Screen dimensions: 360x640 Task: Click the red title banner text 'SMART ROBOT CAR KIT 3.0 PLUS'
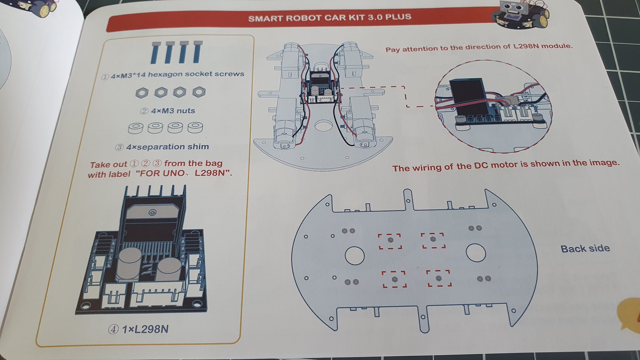tap(329, 17)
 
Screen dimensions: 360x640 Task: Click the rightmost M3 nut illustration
tap(199, 92)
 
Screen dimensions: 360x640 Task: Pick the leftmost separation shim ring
tap(136, 128)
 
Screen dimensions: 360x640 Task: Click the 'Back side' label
tap(585, 249)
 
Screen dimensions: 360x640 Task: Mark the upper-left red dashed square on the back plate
tap(390, 241)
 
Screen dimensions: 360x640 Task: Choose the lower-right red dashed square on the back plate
tap(439, 278)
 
